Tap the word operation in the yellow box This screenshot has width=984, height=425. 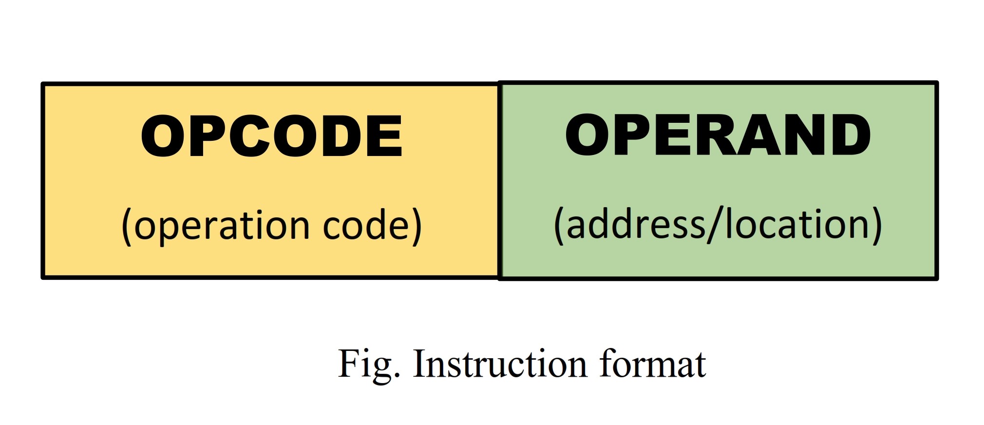[x=222, y=226]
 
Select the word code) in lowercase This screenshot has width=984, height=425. [x=372, y=226]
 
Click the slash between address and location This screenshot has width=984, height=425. [x=715, y=225]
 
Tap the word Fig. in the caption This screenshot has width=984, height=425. [x=368, y=364]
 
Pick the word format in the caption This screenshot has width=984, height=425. [x=652, y=364]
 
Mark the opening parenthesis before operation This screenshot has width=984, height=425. [x=127, y=226]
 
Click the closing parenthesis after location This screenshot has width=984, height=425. [x=876, y=225]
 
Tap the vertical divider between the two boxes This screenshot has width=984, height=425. [x=499, y=180]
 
